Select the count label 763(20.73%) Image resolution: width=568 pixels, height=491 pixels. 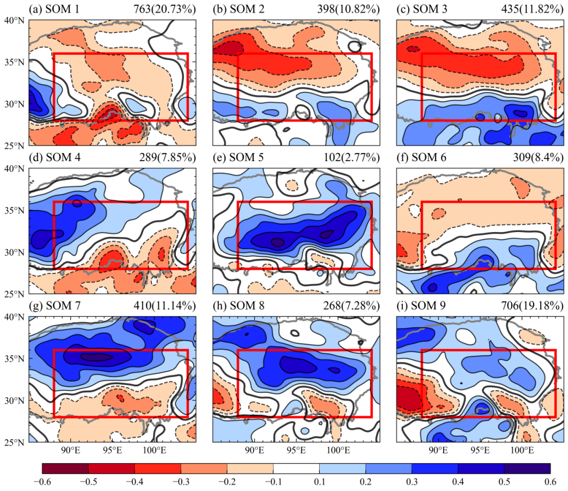[x=165, y=9]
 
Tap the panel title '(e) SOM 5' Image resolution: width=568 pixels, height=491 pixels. [x=238, y=157]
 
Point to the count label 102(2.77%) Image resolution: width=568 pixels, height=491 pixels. [x=351, y=157]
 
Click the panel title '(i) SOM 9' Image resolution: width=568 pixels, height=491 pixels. [x=421, y=306]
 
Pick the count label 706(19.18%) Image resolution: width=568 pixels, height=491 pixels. [x=532, y=306]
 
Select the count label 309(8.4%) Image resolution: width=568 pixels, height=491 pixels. [x=538, y=157]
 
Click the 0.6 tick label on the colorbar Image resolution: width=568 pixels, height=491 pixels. [x=550, y=481]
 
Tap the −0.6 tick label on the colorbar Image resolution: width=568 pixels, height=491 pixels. [x=42, y=481]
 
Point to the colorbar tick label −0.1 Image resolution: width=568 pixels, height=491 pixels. [x=273, y=481]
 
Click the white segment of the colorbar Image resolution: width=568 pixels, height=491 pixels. [x=296, y=468]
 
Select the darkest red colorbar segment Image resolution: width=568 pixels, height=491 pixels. [x=65, y=468]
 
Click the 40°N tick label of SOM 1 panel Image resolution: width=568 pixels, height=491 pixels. [x=14, y=20]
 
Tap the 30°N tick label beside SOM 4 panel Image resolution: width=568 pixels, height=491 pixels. [x=14, y=252]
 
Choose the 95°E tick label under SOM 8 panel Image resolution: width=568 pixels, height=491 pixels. [x=296, y=450]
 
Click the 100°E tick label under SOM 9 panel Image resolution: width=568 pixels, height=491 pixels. [x=522, y=450]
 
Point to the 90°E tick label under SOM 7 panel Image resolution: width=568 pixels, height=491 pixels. [x=71, y=450]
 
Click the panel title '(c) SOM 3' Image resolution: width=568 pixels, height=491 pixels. [x=422, y=9]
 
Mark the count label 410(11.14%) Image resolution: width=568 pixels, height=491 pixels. [x=165, y=306]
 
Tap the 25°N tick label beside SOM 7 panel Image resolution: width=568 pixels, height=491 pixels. [x=14, y=442]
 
